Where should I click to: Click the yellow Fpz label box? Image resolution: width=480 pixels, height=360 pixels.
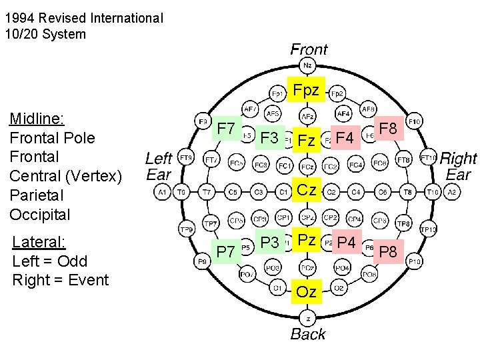[307, 89]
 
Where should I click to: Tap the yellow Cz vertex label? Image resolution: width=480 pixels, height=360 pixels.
[307, 189]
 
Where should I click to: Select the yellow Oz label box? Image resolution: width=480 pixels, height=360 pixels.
[307, 291]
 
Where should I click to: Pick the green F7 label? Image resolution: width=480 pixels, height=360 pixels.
[227, 128]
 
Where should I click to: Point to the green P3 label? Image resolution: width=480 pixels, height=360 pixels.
[269, 242]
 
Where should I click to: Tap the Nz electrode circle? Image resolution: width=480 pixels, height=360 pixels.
[307, 65]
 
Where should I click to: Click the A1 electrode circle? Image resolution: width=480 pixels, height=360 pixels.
[162, 192]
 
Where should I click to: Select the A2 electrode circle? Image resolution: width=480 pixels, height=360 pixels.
[452, 192]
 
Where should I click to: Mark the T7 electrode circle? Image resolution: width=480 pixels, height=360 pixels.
[207, 192]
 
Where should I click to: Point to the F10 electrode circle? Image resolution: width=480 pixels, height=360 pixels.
[414, 122]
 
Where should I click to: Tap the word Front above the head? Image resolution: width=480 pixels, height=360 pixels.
[309, 49]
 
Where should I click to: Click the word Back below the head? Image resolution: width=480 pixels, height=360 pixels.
[308, 334]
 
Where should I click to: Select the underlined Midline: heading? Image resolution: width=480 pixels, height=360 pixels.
[37, 119]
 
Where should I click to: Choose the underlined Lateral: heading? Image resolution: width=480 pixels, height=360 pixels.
[38, 241]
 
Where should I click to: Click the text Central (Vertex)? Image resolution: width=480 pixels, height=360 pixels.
[65, 177]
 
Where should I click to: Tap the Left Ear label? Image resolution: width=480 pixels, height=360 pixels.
[159, 166]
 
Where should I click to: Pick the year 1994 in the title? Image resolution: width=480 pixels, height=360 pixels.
[19, 18]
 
